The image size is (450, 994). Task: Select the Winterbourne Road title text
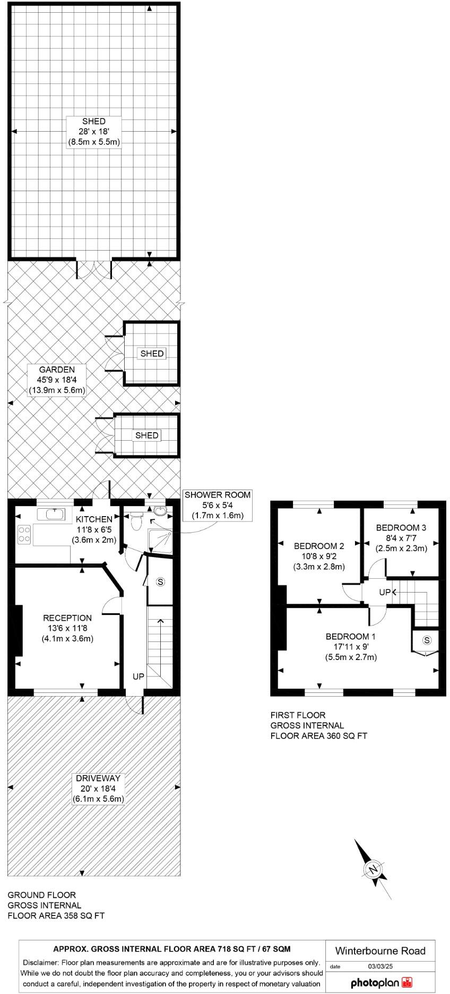tap(380, 950)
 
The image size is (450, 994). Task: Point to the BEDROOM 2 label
tap(319, 545)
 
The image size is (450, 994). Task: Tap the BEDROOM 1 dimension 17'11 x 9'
tap(351, 647)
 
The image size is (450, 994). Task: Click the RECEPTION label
tap(67, 618)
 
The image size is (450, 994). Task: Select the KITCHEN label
tap(94, 519)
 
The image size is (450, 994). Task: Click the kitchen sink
tap(51, 513)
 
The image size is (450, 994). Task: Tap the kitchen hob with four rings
tap(24, 534)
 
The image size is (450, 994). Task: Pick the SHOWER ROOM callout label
tap(217, 494)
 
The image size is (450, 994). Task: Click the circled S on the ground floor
tap(161, 581)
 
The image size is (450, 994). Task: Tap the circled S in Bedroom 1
tap(426, 639)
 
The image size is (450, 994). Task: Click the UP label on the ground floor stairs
tap(138, 676)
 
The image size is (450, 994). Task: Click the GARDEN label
tap(56, 370)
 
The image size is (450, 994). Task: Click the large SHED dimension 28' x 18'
tap(93, 132)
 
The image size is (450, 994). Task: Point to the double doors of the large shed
tap(94, 269)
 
